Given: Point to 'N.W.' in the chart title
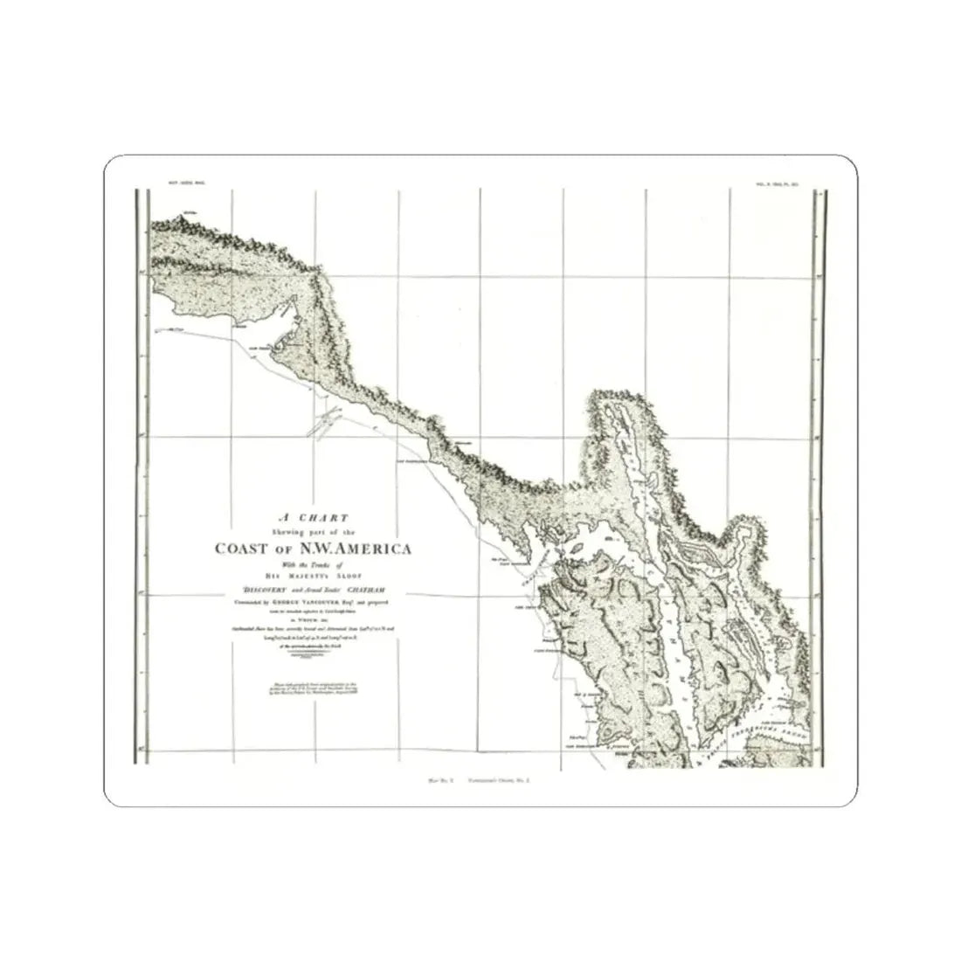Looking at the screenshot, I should (315, 549).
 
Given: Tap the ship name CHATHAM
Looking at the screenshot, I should (377, 591).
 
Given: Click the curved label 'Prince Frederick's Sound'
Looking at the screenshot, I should (769, 730).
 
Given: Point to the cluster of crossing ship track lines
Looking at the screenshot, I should (323, 425).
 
